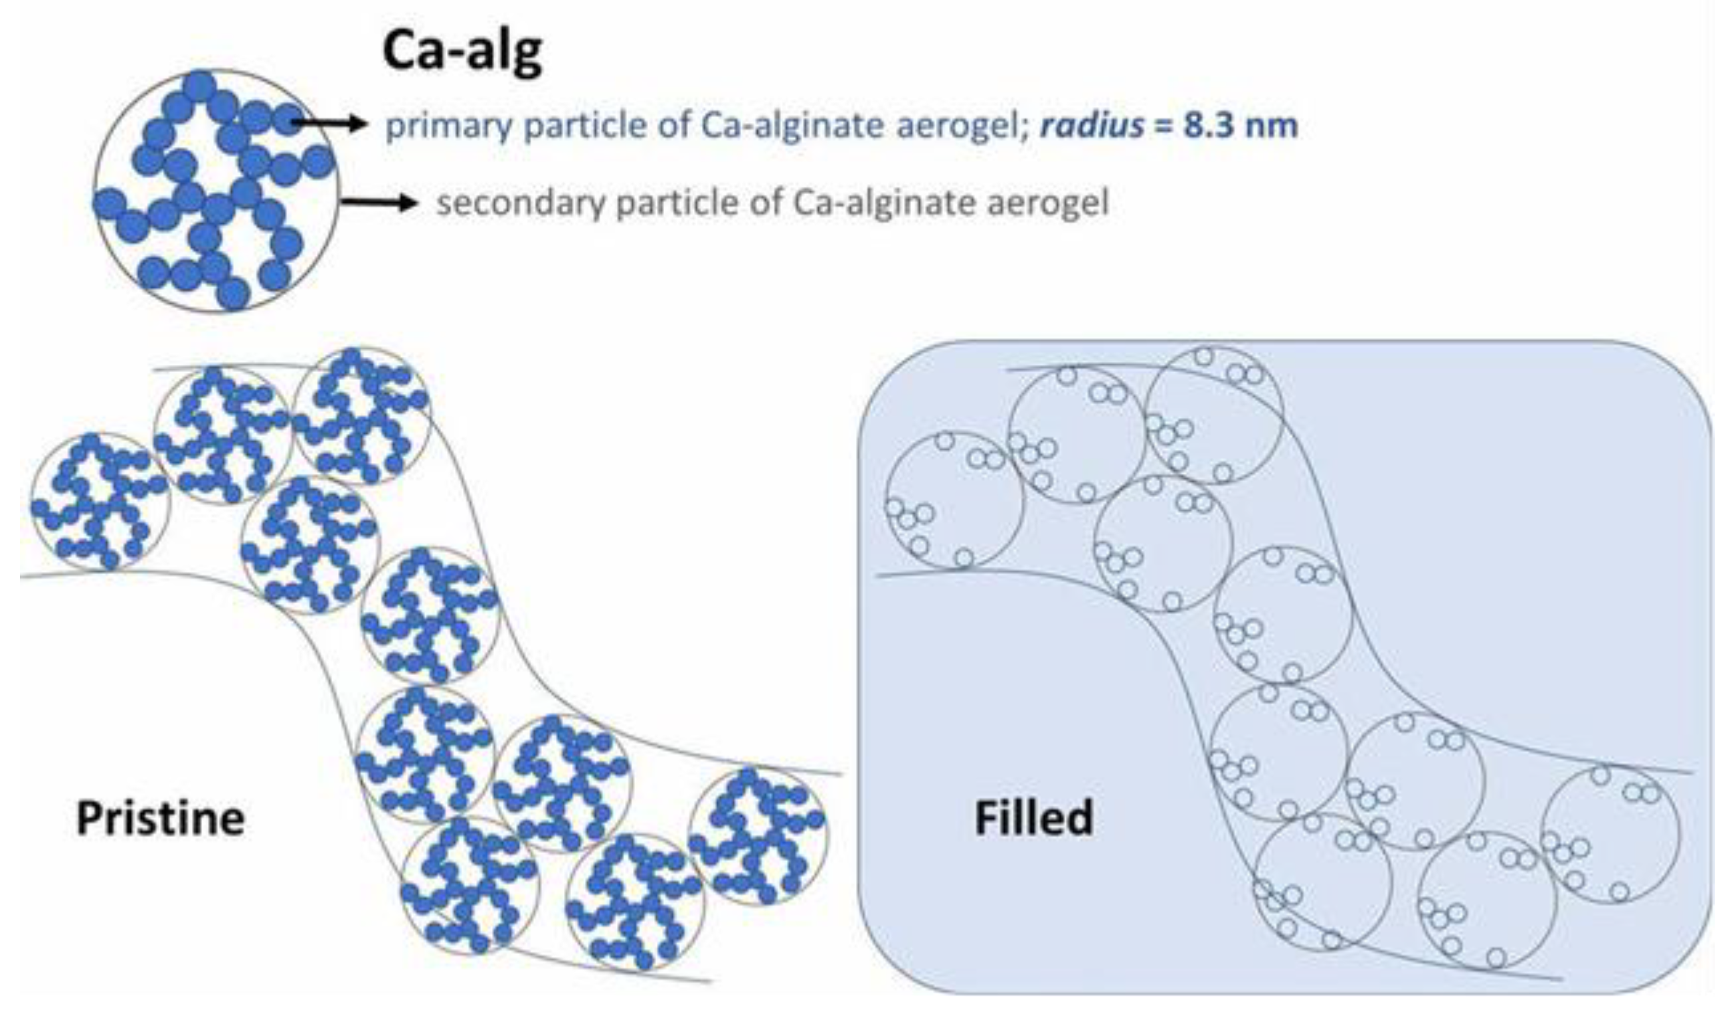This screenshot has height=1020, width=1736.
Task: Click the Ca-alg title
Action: pos(462,51)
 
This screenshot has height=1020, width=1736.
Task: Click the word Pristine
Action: pos(160,818)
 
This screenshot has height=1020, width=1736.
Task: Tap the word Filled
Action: pos(1033,818)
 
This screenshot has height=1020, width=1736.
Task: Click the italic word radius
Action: pos(1092,126)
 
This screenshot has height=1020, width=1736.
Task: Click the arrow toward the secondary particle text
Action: pos(379,202)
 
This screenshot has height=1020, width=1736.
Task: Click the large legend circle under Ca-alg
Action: pos(217,191)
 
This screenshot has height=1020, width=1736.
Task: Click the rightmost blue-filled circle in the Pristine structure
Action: pos(758,836)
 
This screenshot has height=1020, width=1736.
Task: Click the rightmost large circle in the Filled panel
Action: pos(1610,835)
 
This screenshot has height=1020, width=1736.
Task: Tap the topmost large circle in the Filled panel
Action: pos(1214,415)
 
